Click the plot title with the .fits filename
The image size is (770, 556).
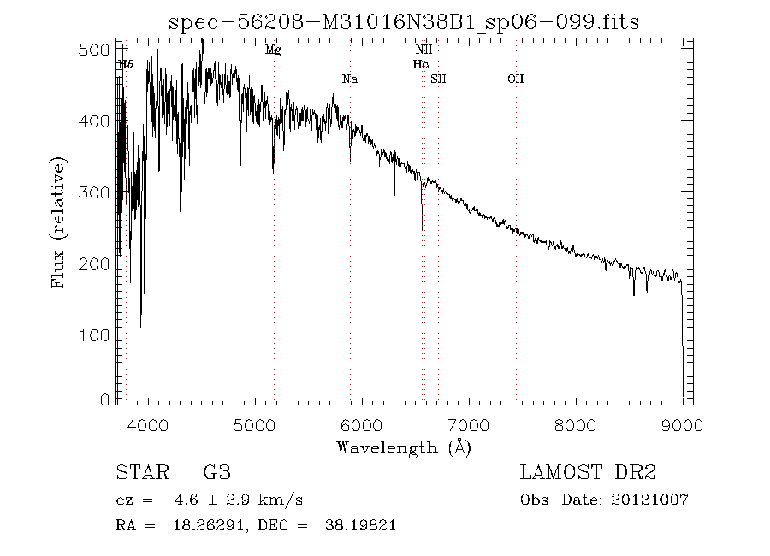click(x=405, y=22)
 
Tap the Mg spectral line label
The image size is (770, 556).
click(x=273, y=50)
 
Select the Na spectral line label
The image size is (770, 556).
click(x=349, y=80)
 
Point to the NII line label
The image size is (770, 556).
click(x=423, y=50)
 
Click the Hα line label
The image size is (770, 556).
click(x=421, y=64)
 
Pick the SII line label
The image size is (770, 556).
click(x=439, y=80)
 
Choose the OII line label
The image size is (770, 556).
click(x=515, y=80)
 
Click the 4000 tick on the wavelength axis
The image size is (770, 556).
click(x=149, y=425)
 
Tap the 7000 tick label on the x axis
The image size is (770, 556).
click(x=469, y=425)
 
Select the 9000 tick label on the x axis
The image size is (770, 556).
click(x=682, y=425)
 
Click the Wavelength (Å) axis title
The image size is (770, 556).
click(x=404, y=447)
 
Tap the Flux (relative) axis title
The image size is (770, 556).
click(x=59, y=222)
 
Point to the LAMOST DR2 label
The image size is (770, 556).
click(x=588, y=473)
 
